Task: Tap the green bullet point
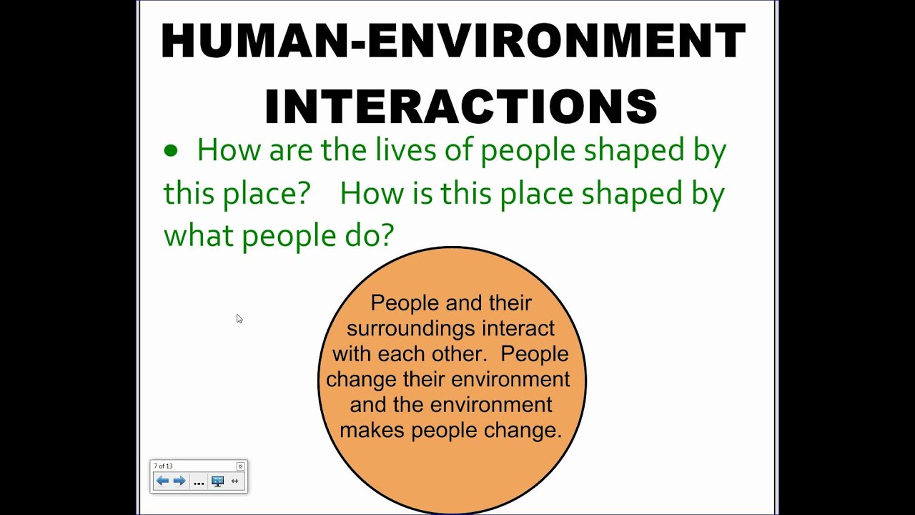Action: (171, 150)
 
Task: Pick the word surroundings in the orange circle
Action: (411, 329)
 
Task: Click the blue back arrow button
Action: (162, 481)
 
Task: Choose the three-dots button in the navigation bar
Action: (199, 483)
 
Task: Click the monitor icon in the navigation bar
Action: (218, 481)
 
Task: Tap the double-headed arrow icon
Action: (234, 481)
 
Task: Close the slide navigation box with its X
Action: (240, 466)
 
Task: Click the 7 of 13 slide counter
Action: (164, 466)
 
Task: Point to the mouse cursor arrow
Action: (239, 319)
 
